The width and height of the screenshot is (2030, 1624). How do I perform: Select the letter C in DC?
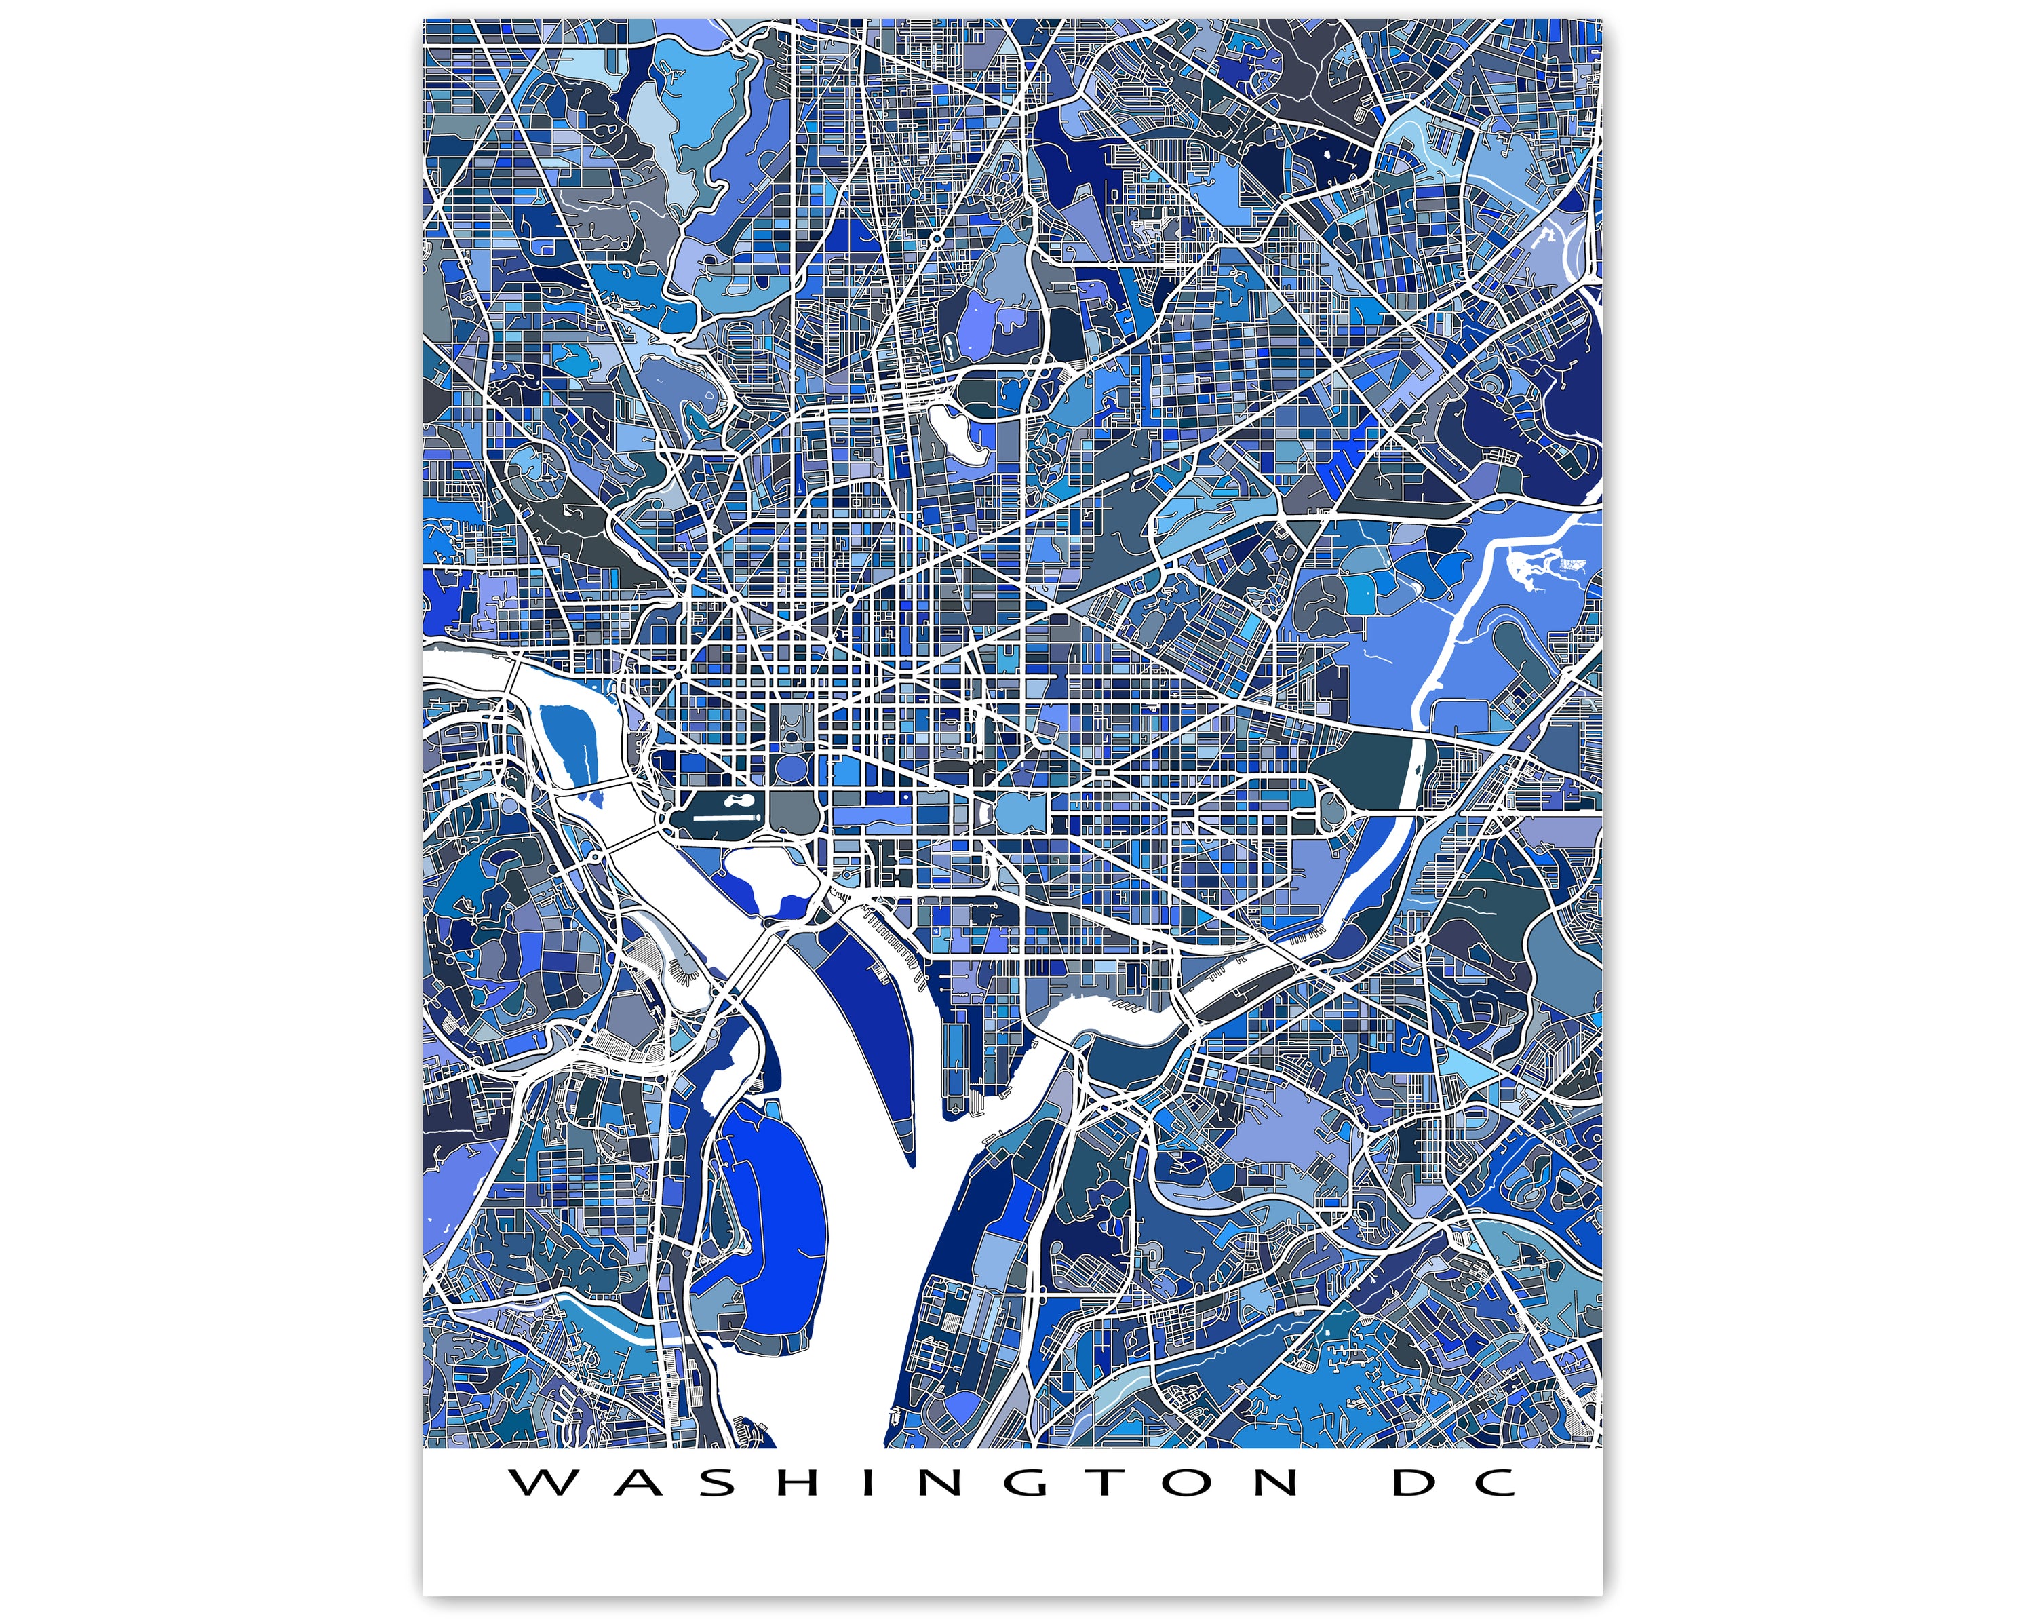click(1495, 1483)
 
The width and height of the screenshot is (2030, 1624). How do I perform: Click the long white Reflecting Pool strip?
click(725, 818)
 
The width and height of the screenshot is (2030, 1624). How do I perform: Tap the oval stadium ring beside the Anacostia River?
click(1333, 806)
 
